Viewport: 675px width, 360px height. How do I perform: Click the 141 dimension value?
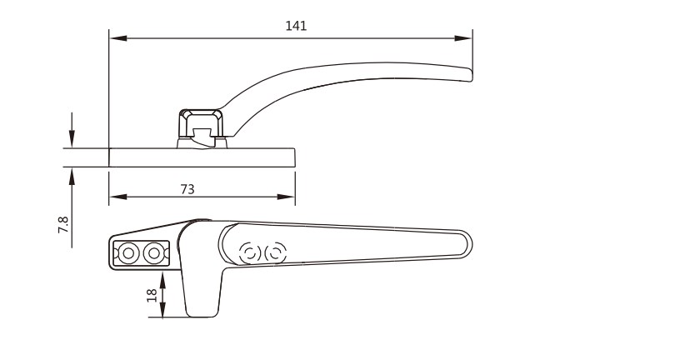point(296,26)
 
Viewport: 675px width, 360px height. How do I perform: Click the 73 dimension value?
point(187,189)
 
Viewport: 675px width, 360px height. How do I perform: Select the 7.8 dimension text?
point(63,225)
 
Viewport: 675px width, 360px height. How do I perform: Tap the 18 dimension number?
point(152,295)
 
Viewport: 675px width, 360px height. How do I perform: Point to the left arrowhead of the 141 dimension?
point(118,38)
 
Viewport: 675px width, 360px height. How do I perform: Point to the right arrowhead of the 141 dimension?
point(463,38)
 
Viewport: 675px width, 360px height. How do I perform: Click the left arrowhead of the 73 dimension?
point(118,197)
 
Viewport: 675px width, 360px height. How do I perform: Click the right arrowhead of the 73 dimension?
point(286,197)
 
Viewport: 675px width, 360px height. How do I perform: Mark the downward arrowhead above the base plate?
point(72,139)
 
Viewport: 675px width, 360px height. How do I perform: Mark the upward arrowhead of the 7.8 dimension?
point(72,176)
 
